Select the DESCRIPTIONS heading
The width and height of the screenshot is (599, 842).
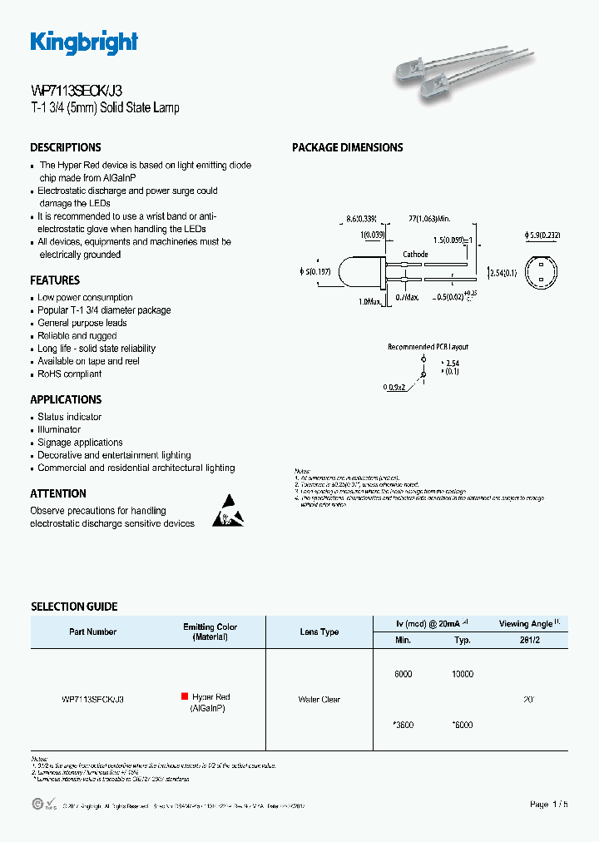(x=66, y=147)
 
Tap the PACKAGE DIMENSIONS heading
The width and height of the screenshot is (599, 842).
(x=347, y=147)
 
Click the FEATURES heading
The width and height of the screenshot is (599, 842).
(x=55, y=280)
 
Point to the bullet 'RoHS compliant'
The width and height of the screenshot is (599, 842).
(x=70, y=374)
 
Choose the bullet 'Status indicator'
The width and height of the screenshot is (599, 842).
(x=70, y=417)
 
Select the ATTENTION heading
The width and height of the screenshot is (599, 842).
(x=58, y=493)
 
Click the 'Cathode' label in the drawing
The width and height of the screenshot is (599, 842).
(x=415, y=255)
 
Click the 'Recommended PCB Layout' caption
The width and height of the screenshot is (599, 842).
(x=428, y=346)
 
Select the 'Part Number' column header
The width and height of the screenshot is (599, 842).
(x=93, y=632)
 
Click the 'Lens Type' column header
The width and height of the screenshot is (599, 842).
(x=319, y=632)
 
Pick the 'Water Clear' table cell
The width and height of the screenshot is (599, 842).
(x=319, y=700)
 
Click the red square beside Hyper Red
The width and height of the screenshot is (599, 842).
(x=185, y=696)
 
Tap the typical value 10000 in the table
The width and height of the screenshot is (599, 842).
(x=463, y=674)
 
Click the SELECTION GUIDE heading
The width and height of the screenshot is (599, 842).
(x=74, y=607)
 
